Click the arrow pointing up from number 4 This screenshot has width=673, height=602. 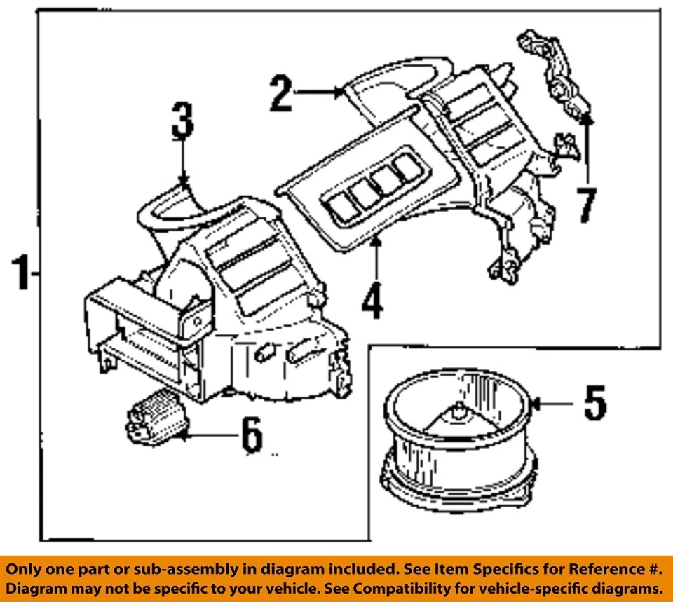click(376, 259)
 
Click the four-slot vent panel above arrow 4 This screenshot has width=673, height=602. click(369, 189)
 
